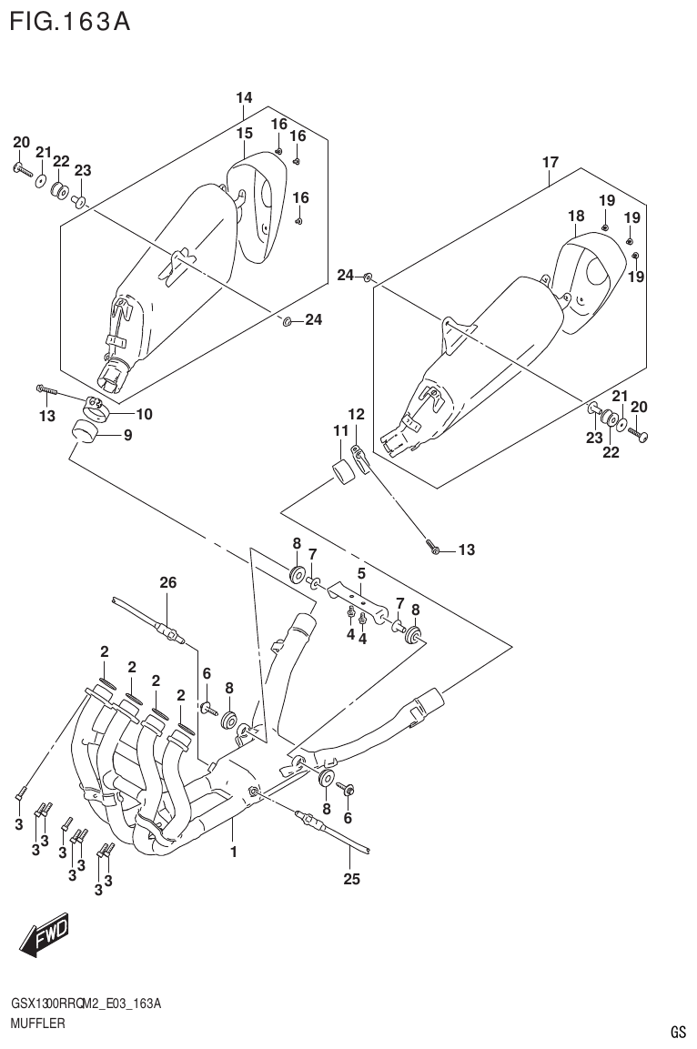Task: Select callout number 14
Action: point(244,98)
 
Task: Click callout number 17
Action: point(550,163)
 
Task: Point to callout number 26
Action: point(167,582)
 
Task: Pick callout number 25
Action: point(351,879)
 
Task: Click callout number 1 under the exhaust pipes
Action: point(234,852)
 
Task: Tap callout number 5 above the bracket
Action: point(361,573)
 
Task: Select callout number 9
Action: point(127,436)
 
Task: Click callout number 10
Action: point(144,414)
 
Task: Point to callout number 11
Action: point(340,429)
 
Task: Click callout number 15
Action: point(244,134)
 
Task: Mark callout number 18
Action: point(575,216)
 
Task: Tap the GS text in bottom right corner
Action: point(678,1032)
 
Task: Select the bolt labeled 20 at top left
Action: point(23,169)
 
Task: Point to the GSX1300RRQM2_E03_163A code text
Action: point(86,1004)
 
